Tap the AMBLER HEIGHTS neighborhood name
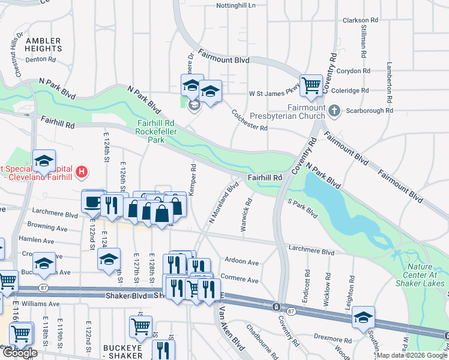tap(43, 44)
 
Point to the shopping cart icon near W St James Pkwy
tap(311, 85)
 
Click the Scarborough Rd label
tap(373, 110)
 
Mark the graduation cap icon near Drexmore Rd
tap(363, 318)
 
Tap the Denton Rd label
tap(41, 59)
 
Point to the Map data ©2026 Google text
tap(412, 355)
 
